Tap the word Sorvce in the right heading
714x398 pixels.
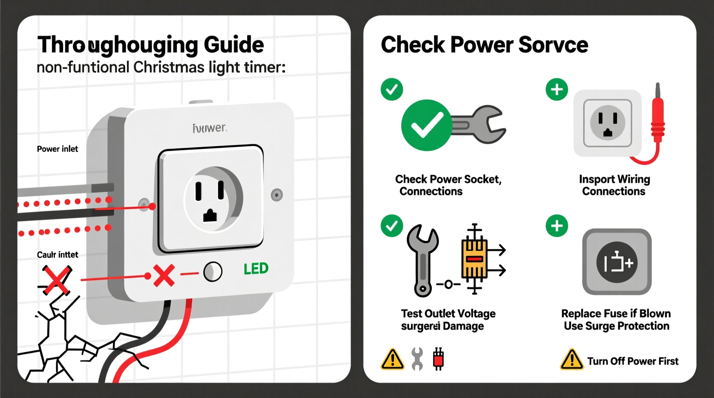553,45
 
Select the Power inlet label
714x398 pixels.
57,149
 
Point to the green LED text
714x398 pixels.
256,269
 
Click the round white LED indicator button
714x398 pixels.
212,271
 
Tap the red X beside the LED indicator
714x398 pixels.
163,275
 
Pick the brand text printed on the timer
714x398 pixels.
210,128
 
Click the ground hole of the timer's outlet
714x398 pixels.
210,215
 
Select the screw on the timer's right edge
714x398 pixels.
277,195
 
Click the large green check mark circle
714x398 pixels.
426,125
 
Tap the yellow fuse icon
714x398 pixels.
474,259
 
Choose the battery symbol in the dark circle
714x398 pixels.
617,262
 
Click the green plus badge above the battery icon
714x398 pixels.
557,226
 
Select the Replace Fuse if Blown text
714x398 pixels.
616,314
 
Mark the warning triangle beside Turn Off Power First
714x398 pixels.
572,360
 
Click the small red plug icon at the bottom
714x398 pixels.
438,359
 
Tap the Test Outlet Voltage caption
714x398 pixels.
448,314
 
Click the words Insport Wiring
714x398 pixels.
614,179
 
